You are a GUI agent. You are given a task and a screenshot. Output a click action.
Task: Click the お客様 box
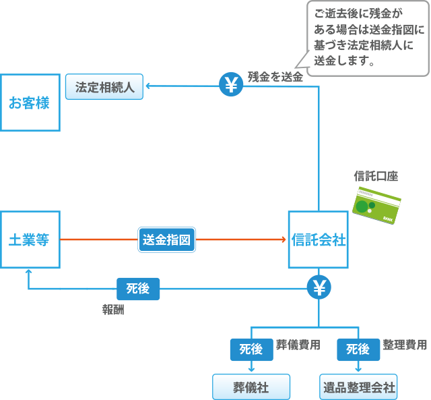pos(30,103)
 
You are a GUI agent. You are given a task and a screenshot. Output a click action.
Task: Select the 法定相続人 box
pos(104,87)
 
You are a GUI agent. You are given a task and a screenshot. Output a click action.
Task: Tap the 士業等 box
pos(30,239)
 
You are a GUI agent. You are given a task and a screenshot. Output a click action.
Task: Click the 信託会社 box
pos(318,239)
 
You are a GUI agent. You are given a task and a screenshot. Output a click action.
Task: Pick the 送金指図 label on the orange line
pos(168,239)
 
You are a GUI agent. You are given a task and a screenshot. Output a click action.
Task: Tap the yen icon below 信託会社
pos(318,288)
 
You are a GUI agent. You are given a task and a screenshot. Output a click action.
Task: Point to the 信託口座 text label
pos(376,177)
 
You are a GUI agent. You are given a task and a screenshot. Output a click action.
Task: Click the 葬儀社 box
pos(251,388)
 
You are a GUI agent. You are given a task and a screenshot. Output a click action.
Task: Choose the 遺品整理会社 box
pos(358,388)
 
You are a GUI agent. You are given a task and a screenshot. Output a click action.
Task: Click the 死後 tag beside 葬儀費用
pos(251,349)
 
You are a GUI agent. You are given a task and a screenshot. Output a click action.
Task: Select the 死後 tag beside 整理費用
pos(358,349)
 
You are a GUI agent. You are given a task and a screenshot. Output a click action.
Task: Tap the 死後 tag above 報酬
pos(138,289)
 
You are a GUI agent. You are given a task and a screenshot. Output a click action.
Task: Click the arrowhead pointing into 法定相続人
pos(150,86)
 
